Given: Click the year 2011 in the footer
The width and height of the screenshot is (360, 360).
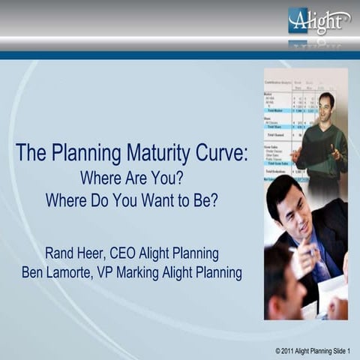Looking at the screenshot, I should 289,351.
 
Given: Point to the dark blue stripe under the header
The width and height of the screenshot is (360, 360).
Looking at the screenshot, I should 180,55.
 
